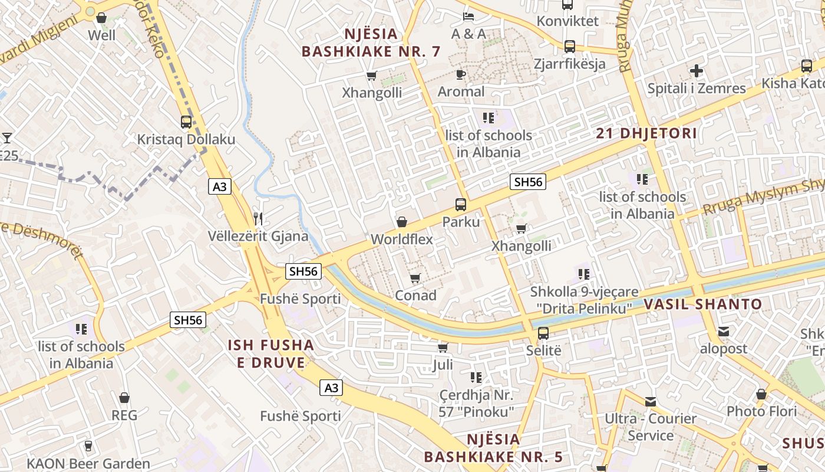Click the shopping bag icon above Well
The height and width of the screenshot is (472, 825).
coord(101,18)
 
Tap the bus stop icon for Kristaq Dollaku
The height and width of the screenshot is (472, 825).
coord(186,122)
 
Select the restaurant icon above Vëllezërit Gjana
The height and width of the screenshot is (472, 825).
coord(258,219)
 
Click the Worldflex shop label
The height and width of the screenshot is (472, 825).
coord(402,240)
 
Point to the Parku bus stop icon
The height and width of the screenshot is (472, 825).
coord(461,205)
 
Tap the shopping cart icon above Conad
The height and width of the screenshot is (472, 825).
coord(415,278)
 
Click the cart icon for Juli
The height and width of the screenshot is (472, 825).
coord(443,348)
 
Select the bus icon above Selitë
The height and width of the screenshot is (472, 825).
coord(543,333)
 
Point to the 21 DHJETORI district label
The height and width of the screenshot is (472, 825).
coord(646,133)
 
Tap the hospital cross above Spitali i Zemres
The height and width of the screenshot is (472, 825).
coord(697,71)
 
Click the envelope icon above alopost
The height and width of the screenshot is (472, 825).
coord(723,331)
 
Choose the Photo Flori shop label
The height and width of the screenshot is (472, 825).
coord(761,411)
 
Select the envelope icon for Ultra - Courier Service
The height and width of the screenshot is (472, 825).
coord(651,402)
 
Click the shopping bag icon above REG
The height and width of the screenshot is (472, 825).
coord(124,398)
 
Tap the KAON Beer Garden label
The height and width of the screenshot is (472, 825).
coord(88,464)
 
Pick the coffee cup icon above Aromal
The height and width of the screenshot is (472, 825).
coord(461,74)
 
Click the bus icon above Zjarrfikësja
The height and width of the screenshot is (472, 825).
coord(569,46)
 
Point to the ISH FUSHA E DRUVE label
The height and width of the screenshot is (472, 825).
coord(271,353)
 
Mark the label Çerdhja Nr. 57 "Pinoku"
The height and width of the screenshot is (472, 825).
coord(477,403)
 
